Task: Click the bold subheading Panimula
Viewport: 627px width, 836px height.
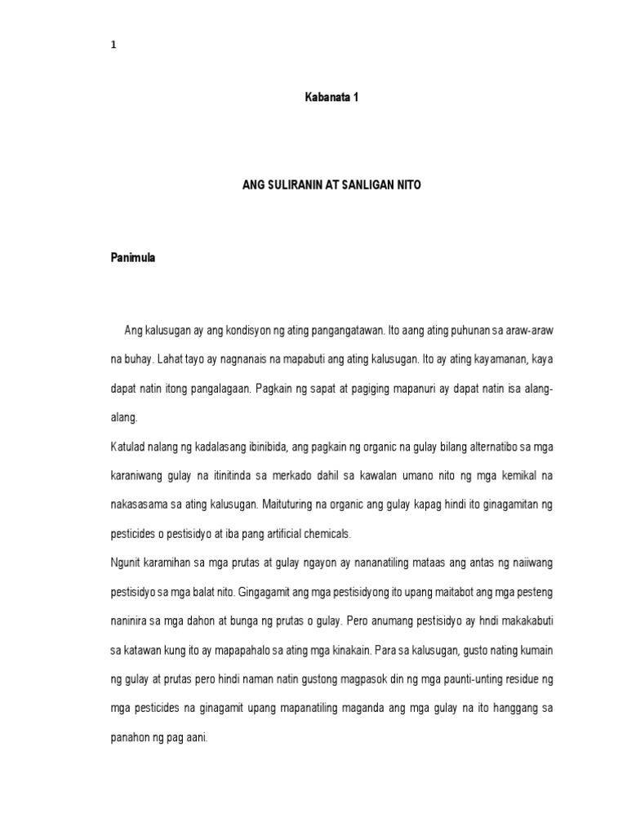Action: [132, 258]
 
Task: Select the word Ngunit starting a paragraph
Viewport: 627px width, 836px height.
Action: [127, 563]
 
